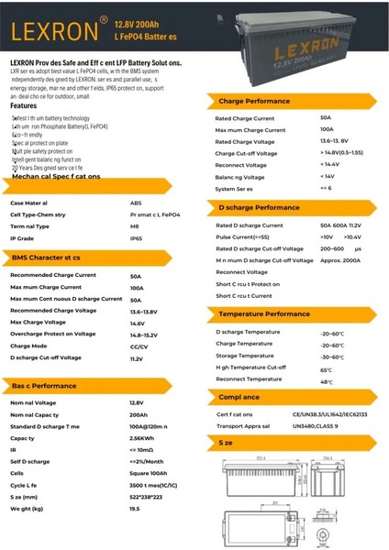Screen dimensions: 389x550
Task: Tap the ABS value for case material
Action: point(136,203)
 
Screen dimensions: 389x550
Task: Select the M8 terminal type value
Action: point(135,225)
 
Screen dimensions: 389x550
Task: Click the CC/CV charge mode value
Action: point(139,346)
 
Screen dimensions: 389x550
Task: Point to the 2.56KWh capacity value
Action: point(141,438)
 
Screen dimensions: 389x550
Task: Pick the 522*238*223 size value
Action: point(147,496)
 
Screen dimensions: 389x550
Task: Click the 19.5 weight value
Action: point(135,508)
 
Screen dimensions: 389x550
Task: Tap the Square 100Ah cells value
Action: point(148,473)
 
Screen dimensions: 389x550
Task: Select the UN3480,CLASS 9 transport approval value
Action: point(316,426)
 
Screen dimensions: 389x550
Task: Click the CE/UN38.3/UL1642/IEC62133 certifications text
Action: point(331,414)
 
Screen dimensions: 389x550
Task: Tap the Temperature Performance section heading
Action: point(264,313)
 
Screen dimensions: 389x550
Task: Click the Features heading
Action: point(24,105)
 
